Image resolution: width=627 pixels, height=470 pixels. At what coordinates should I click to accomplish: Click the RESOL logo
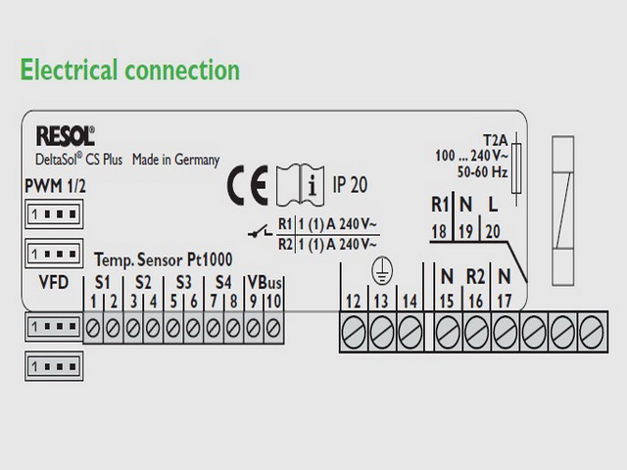(66, 136)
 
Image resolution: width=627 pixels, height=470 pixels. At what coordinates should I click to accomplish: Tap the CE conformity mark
(248, 185)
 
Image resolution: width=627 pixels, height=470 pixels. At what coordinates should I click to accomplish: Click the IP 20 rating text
(351, 185)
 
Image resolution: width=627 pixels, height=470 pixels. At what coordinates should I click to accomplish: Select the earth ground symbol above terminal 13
(382, 270)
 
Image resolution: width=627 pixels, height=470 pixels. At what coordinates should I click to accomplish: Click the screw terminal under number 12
(354, 332)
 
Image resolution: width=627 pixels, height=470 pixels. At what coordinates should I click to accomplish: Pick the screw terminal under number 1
(93, 329)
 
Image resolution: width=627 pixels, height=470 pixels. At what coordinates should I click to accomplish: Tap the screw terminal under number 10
(273, 329)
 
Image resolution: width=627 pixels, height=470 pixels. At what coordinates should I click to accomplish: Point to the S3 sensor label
(183, 283)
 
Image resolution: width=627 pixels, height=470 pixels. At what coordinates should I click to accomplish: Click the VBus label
(265, 283)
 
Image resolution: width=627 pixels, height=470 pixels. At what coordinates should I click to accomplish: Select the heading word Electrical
(69, 70)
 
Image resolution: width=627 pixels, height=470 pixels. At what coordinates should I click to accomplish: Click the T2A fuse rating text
(495, 140)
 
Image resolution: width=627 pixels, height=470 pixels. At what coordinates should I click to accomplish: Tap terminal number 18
(439, 231)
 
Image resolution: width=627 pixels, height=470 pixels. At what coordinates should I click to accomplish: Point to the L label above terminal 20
(493, 205)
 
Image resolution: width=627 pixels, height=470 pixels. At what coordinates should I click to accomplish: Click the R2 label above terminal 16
(475, 276)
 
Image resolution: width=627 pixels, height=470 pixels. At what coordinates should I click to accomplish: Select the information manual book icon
(301, 185)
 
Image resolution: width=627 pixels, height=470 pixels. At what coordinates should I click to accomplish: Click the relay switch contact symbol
(261, 232)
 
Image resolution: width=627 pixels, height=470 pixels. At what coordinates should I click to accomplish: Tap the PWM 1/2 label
(55, 186)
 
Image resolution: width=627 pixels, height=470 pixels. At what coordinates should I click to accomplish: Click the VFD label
(54, 283)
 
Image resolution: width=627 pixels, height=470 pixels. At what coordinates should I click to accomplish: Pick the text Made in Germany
(176, 160)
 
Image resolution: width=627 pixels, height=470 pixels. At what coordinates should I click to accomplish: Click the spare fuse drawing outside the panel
(563, 211)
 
